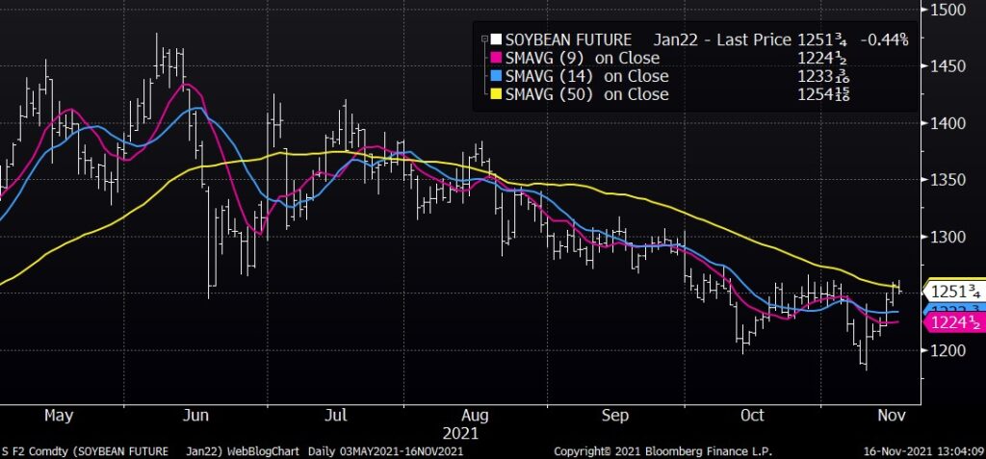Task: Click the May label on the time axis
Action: (60, 416)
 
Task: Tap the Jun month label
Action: (195, 416)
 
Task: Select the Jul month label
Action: (336, 416)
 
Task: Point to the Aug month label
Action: (476, 416)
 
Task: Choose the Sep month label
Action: (614, 416)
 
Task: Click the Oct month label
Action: (753, 416)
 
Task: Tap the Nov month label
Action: (888, 416)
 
